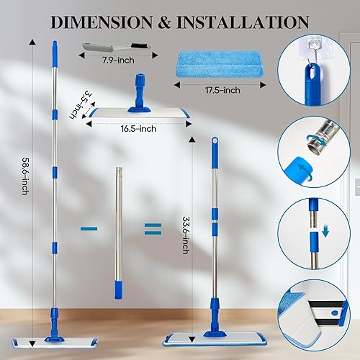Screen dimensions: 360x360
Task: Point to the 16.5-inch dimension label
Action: [x=138, y=129]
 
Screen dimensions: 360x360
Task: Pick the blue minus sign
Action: [x=89, y=228]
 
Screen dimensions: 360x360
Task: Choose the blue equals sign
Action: [x=152, y=228]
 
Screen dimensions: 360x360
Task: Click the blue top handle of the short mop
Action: [x=214, y=148]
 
